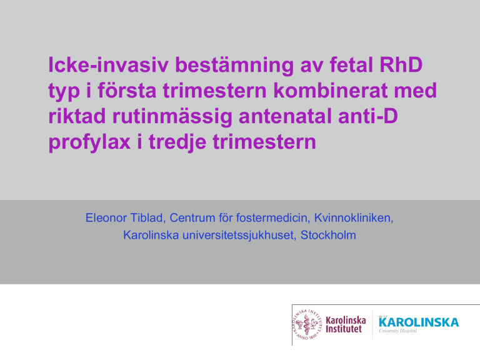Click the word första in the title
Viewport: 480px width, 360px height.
pyautogui.click(x=127, y=90)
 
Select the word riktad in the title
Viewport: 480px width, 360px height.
pyautogui.click(x=77, y=116)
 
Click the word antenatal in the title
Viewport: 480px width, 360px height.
pyautogui.click(x=285, y=116)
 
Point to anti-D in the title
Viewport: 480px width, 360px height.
pyautogui.click(x=368, y=116)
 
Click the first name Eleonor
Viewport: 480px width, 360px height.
pyautogui.click(x=106, y=218)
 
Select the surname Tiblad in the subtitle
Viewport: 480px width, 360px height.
pyautogui.click(x=148, y=218)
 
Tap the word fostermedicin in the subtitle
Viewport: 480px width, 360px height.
pyautogui.click(x=271, y=218)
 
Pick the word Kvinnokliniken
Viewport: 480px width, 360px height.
pyautogui.click(x=354, y=218)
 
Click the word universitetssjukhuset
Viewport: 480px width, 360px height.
pyautogui.click(x=237, y=236)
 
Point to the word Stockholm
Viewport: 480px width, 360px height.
pyautogui.click(x=328, y=235)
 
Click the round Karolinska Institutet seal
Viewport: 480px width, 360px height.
pyautogui.click(x=307, y=324)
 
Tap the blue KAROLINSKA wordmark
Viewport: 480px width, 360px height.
pyautogui.click(x=419, y=322)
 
